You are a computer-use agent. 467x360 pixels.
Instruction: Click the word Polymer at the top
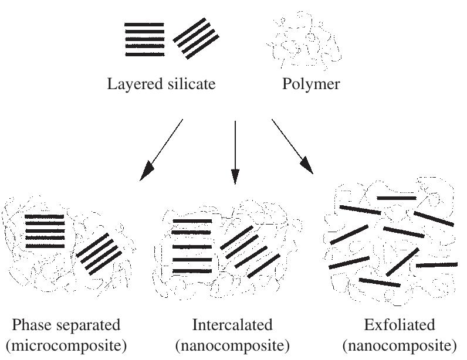pos(311,84)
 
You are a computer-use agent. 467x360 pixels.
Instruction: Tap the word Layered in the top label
pos(131,84)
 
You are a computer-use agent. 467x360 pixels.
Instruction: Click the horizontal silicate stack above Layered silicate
pos(144,40)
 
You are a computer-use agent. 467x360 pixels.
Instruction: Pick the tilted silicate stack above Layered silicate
pos(197,39)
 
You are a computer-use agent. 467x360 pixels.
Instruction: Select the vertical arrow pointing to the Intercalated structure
pos(235,152)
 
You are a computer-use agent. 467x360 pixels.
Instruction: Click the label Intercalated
pos(232,325)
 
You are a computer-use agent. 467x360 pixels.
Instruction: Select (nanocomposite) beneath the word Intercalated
pos(233,344)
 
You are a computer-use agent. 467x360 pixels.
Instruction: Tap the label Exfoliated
pos(400,325)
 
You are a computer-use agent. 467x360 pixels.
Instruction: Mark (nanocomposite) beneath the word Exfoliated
pos(400,344)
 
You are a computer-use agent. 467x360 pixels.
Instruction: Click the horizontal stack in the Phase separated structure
pos(45,231)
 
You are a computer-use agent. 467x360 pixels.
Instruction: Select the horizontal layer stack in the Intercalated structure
pos(192,246)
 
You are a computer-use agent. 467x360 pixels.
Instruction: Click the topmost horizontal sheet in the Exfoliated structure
pos(396,198)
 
